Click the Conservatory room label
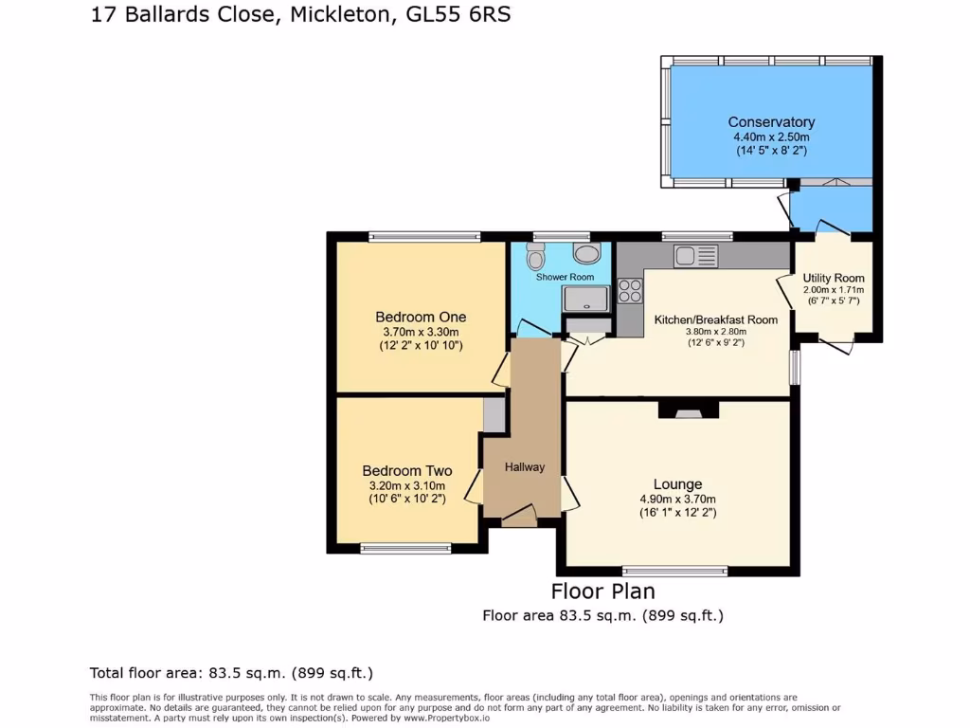[x=771, y=122]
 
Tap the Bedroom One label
[x=421, y=317]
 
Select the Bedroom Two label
[x=406, y=471]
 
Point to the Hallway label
[x=525, y=466]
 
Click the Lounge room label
[x=677, y=484]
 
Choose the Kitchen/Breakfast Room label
[x=716, y=319]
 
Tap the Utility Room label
[x=834, y=278]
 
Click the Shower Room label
[x=565, y=277]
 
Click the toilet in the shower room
[x=536, y=256]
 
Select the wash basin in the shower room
[x=587, y=253]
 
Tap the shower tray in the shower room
[x=587, y=300]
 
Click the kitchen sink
[x=696, y=256]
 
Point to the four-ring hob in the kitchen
[x=630, y=290]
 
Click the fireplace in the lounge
[x=689, y=409]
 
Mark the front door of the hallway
[x=518, y=517]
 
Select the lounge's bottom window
[x=675, y=571]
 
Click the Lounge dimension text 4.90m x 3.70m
[x=677, y=500]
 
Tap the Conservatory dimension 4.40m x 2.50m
[x=771, y=136]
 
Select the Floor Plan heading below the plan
[x=602, y=591]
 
